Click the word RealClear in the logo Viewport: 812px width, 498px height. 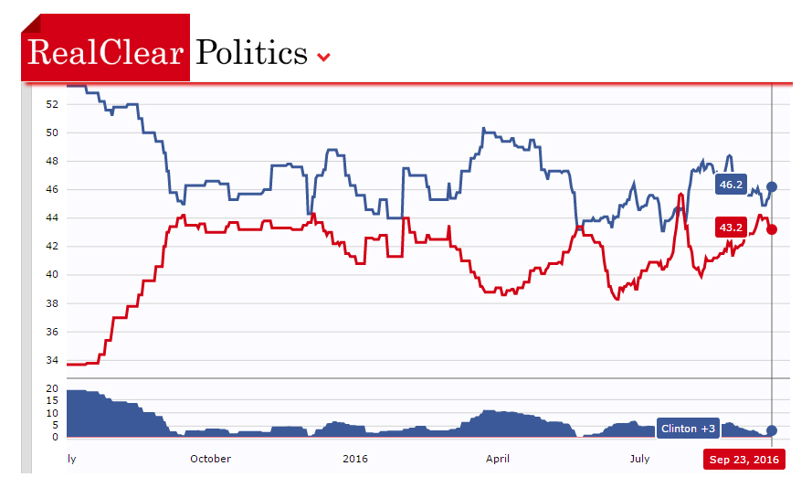point(106,52)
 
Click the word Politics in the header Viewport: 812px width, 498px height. point(252,53)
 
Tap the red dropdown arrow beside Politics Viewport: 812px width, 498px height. point(323,58)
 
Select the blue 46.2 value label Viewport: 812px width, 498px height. point(731,185)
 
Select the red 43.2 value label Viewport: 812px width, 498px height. point(731,228)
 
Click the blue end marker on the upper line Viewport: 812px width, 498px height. point(772,186)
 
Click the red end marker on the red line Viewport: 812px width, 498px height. point(772,229)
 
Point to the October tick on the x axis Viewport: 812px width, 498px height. point(210,459)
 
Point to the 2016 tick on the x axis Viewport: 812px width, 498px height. point(354,459)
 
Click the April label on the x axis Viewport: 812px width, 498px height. point(498,459)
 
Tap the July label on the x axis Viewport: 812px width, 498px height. point(639,459)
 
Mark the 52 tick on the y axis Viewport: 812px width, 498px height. point(52,104)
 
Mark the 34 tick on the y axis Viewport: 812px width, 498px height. point(52,360)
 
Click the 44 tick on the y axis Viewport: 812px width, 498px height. point(52,217)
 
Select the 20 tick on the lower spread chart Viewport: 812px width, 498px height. point(52,388)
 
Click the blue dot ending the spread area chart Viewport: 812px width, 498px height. point(772,430)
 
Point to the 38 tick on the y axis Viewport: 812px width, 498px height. point(52,303)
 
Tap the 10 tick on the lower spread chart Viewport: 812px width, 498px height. point(52,413)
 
